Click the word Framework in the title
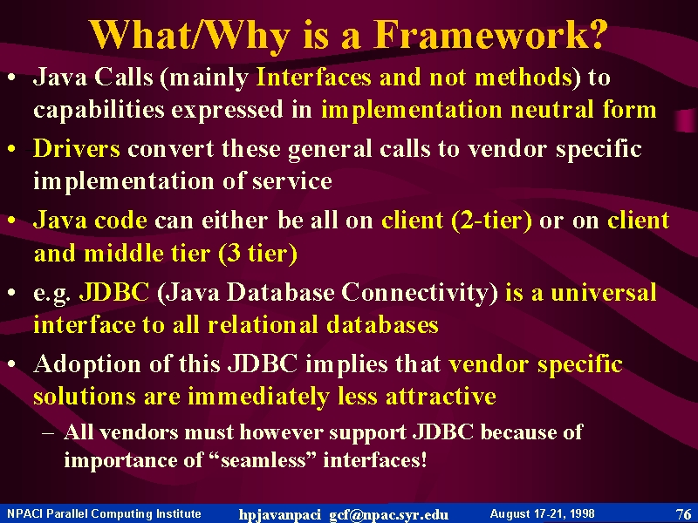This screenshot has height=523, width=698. pyautogui.click(x=489, y=34)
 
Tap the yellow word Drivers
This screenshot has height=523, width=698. pyautogui.click(x=77, y=148)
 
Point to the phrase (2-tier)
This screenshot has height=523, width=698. pyautogui.click(x=492, y=221)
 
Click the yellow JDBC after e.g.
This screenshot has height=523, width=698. pyautogui.click(x=114, y=292)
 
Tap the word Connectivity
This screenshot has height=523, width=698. pyautogui.click(x=420, y=294)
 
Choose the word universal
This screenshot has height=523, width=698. pyautogui.click(x=603, y=293)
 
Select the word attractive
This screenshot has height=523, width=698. pyautogui.click(x=441, y=396)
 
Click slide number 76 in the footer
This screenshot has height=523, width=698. pyautogui.click(x=683, y=514)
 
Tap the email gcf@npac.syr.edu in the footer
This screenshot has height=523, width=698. pyautogui.click(x=388, y=514)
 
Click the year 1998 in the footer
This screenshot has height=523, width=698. pyautogui.click(x=581, y=513)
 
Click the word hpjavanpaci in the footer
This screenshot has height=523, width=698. pyautogui.click(x=279, y=515)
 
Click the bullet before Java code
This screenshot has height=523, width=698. pyautogui.click(x=12, y=221)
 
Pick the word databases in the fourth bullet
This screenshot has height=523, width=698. pyautogui.click(x=382, y=325)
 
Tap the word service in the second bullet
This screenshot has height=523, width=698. pyautogui.click(x=292, y=181)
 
